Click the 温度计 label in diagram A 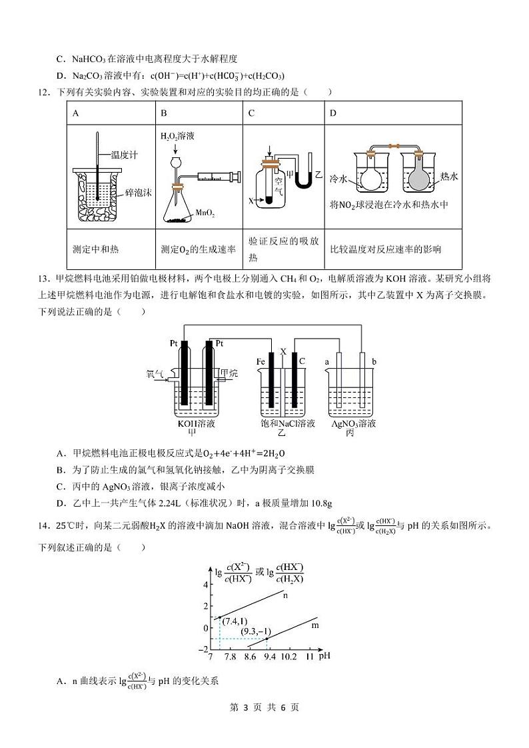tap(125, 155)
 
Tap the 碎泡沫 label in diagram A tap(139, 193)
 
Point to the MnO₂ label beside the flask tap(205, 213)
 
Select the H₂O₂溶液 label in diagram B tap(177, 135)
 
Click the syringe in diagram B tap(214, 176)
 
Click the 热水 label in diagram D tap(449, 177)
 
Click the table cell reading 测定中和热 tap(95, 249)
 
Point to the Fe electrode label tap(261, 361)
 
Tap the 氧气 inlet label tap(155, 374)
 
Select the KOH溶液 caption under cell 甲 tap(197, 423)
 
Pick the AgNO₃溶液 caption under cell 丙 tap(353, 423)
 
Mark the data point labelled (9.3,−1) tap(267, 639)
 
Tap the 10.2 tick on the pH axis tap(288, 657)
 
